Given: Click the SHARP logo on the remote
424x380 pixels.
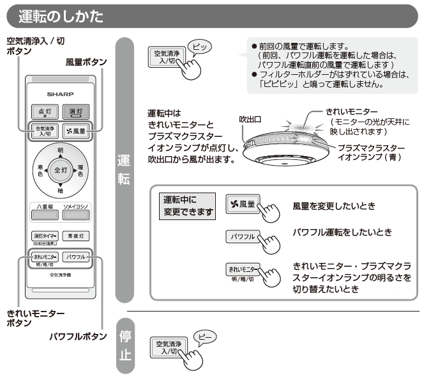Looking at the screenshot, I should click(61, 93).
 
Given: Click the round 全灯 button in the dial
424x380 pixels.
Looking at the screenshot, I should click(61, 171).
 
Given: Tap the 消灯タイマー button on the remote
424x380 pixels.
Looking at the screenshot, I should click(44, 235).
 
